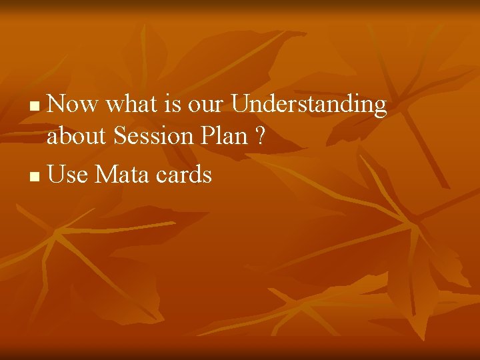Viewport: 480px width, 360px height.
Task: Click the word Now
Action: tap(73, 105)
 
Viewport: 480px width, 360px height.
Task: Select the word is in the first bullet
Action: tap(171, 105)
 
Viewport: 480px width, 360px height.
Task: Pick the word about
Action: tap(77, 137)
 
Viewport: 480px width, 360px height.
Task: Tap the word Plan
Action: tap(227, 137)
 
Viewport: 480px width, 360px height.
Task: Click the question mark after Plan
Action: tap(259, 137)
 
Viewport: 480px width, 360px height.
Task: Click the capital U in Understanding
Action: tap(240, 105)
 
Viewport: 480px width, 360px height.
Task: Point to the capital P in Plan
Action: tap(212, 137)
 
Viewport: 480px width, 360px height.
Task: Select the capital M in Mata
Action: tap(105, 175)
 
